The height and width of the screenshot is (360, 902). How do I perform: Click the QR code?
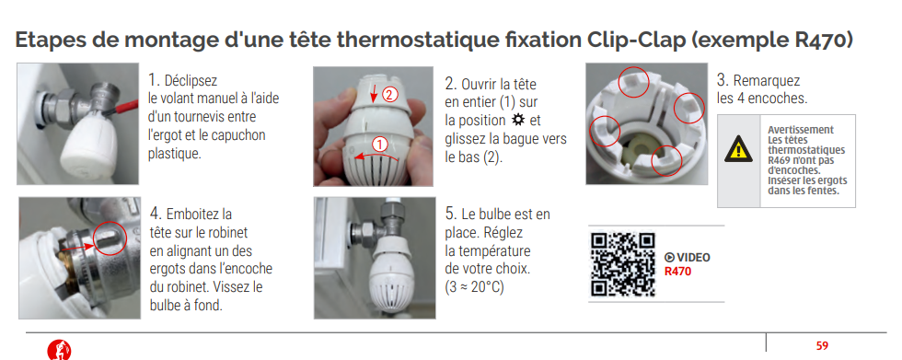[623, 264]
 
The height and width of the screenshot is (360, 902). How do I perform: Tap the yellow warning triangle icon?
[738, 149]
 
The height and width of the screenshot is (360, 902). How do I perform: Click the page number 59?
[822, 345]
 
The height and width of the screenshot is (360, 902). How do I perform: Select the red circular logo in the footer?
[59, 350]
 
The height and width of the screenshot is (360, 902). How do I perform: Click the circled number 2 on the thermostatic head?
[390, 95]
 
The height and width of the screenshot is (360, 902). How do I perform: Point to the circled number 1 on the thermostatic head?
[379, 144]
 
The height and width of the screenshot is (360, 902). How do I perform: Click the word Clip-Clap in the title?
[635, 41]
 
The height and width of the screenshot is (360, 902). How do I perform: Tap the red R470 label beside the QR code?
[677, 272]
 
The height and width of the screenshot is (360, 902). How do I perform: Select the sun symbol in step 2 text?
[517, 121]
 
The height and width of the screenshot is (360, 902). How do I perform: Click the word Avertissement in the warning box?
[800, 130]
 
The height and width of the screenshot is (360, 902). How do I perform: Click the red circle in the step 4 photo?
[109, 238]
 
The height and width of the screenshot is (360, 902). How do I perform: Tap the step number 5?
[451, 214]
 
